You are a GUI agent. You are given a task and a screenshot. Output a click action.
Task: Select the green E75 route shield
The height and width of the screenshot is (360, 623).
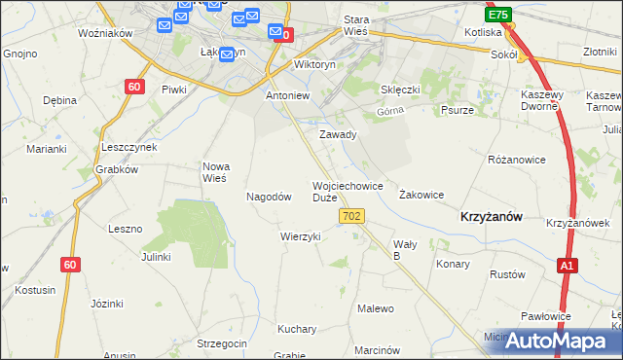click(498, 16)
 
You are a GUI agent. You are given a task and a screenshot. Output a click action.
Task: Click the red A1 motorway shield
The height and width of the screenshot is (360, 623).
click(568, 265)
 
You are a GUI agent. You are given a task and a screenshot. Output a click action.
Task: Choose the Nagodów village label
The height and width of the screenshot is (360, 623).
click(270, 196)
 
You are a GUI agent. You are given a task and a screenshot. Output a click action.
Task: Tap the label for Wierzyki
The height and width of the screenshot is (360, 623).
click(301, 236)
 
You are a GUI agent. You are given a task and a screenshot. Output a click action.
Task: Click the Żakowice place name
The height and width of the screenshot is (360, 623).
click(421, 195)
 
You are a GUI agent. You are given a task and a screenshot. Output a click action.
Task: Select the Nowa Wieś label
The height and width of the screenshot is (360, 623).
click(214, 172)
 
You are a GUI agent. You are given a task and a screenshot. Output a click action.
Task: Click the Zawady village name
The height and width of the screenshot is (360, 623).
click(338, 134)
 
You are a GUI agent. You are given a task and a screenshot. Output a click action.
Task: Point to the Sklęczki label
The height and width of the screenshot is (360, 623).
click(400, 90)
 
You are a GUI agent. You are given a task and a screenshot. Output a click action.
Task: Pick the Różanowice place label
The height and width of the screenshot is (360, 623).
click(516, 159)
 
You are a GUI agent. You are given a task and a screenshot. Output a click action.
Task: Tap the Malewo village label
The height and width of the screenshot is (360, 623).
click(376, 308)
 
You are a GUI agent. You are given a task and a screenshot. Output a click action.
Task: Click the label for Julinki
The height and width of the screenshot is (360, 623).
click(156, 257)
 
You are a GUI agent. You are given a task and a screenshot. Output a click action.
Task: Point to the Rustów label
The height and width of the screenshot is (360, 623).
click(506, 274)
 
